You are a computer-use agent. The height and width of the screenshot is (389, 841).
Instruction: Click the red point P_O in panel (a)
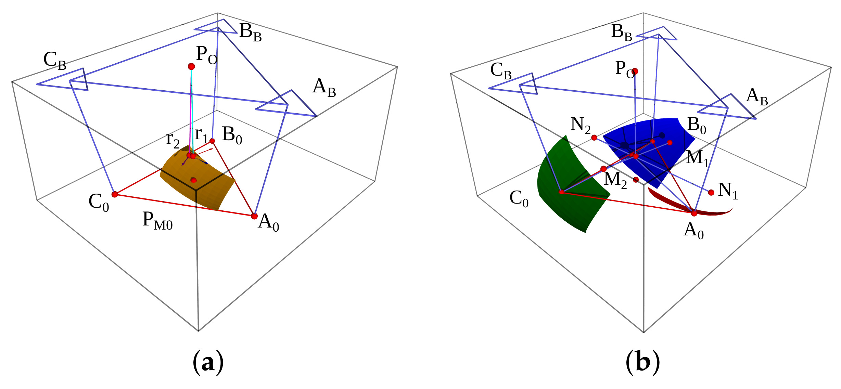(x=191, y=66)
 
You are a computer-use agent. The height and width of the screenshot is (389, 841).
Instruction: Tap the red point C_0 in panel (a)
(x=115, y=194)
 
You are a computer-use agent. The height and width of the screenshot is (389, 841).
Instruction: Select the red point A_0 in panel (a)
(x=254, y=216)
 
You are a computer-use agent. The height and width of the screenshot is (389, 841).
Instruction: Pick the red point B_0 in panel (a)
(x=212, y=141)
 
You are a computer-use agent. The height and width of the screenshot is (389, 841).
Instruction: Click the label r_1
(x=201, y=135)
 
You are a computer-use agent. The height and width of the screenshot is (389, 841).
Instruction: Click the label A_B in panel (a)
(x=324, y=88)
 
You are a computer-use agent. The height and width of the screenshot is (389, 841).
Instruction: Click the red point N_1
(x=711, y=192)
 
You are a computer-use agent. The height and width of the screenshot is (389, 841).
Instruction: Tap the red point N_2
(x=594, y=138)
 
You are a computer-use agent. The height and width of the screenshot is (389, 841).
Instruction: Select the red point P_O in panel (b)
(x=635, y=71)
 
